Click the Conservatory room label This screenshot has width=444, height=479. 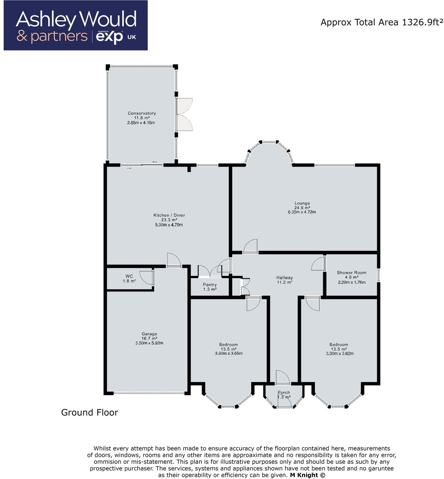coord(142,113)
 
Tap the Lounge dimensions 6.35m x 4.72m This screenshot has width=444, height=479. coord(302,212)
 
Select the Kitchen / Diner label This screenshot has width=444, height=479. coord(169,215)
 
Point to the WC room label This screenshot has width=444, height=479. coord(129,276)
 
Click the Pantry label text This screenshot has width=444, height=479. coord(210,285)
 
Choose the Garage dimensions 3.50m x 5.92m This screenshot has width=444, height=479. coord(149,343)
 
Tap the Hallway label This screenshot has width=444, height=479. coord(284,277)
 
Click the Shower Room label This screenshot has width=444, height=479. coord(351,273)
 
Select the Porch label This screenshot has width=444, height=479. coord(283,393)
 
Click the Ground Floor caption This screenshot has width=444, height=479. coord(90,413)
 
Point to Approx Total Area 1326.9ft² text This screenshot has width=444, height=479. coord(381,22)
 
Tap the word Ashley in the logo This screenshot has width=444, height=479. coord(46,20)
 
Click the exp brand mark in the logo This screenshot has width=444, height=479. coord(109,37)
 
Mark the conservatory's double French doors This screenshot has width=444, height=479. coord(184,115)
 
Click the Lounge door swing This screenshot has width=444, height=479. coord(251,246)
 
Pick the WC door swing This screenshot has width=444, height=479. coord(147,277)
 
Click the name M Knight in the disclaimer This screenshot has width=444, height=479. coord(303,475)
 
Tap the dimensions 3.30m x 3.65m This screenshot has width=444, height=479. coord(229,353)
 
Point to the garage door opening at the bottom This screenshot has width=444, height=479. coord(149,393)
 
